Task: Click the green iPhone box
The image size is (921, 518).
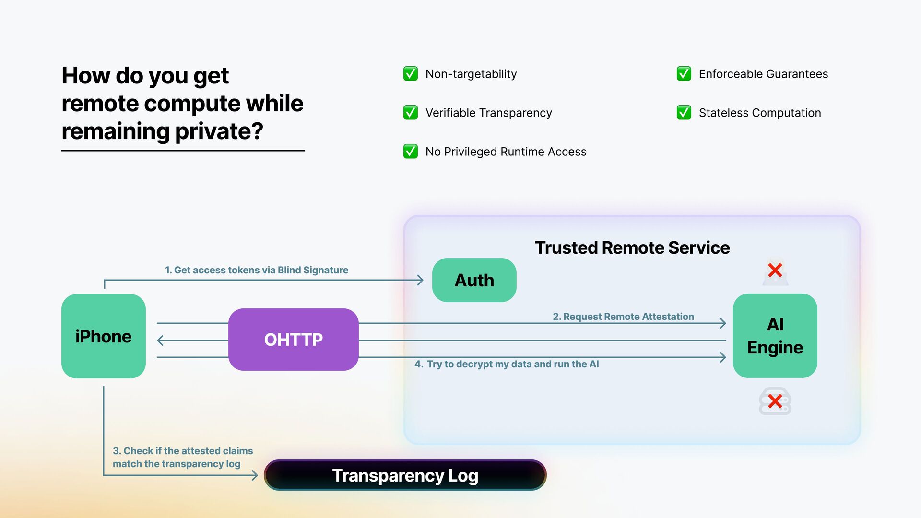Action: [104, 336]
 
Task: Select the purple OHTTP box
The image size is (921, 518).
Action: [294, 340]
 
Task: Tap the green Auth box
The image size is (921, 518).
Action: [474, 280]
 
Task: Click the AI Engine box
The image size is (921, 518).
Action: [775, 336]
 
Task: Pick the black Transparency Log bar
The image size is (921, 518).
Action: [405, 475]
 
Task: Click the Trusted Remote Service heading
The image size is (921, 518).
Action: [632, 247]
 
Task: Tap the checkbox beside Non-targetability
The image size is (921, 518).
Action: [411, 74]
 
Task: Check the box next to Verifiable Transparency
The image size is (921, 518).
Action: [411, 113]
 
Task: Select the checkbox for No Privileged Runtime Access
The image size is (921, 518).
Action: [411, 152]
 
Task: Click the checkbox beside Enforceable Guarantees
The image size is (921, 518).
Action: [684, 74]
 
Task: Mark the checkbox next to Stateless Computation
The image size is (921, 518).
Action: [684, 113]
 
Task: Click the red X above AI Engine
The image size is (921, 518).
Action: [775, 271]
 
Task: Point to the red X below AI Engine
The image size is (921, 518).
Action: [775, 401]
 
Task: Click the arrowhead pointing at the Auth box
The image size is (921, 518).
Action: [420, 280]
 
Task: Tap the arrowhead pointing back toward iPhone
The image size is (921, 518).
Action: [161, 341]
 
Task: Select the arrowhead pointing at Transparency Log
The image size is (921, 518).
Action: [255, 475]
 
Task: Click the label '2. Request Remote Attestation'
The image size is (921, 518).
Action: [623, 317]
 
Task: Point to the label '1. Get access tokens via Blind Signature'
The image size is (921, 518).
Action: [257, 270]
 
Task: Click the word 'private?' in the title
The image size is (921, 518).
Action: [219, 131]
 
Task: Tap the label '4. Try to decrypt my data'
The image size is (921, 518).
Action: [507, 364]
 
